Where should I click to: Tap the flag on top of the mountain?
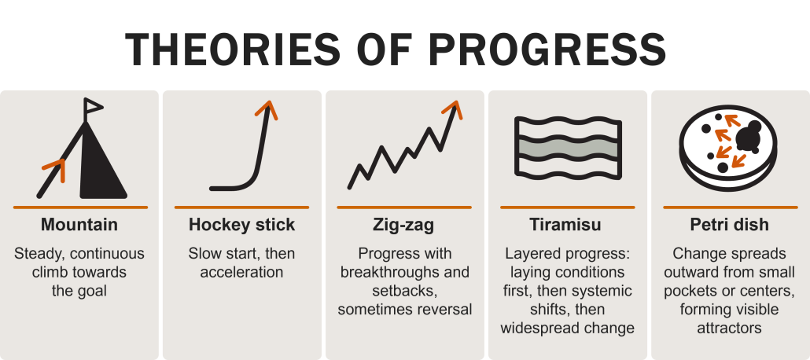coord(93,105)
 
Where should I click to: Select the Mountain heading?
coord(79,225)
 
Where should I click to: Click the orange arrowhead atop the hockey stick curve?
coord(269,108)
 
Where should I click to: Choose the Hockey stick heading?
coord(241,225)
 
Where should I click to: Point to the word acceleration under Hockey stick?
coord(241,272)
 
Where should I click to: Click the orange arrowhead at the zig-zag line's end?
coord(453,108)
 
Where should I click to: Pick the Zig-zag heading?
coord(403,225)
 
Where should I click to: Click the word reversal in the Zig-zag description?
coord(443,309)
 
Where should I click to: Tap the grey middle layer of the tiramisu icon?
coord(567,148)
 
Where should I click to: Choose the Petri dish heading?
coord(729,225)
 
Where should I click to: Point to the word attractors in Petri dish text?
coord(729,328)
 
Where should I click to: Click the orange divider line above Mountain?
coord(79,207)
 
